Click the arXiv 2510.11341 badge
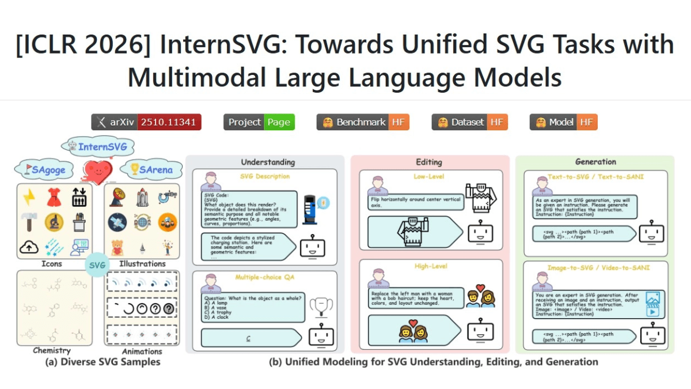146,122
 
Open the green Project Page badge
259,122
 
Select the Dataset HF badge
469,122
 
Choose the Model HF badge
563,122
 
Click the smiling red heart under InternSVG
98,171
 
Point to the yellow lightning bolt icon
29,198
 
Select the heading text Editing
430,163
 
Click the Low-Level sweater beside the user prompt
480,197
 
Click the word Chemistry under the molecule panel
52,350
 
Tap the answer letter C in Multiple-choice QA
249,338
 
